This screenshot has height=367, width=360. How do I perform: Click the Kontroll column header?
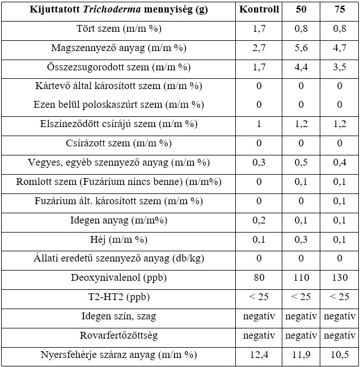[x=259, y=10]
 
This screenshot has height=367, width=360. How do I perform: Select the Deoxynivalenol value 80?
[x=259, y=278]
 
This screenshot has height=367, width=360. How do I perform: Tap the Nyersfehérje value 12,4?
[x=259, y=355]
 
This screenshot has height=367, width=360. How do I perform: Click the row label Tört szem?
[x=118, y=29]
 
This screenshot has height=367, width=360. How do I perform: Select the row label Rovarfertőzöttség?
[x=118, y=336]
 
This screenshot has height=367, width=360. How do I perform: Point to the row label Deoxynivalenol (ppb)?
[x=118, y=278]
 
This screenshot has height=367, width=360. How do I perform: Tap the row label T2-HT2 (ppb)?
[x=118, y=297]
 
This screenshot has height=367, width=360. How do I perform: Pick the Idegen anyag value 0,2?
[x=259, y=220]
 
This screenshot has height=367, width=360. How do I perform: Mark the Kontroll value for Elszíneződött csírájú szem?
[x=259, y=124]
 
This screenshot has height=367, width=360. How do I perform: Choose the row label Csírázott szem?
[x=118, y=144]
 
